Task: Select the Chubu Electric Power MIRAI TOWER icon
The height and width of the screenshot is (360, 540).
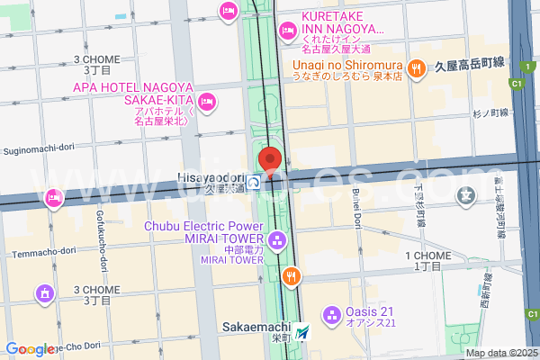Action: click(276, 240)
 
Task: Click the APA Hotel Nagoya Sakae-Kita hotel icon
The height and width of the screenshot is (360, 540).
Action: click(207, 101)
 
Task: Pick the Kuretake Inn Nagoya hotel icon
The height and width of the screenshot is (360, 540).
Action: click(287, 31)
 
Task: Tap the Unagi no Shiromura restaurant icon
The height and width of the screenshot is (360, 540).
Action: click(416, 66)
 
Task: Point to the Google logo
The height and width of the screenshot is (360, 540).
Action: click(31, 349)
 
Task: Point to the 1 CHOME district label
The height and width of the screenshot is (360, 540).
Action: click(427, 260)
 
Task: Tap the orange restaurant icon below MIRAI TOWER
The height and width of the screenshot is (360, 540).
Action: click(291, 275)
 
